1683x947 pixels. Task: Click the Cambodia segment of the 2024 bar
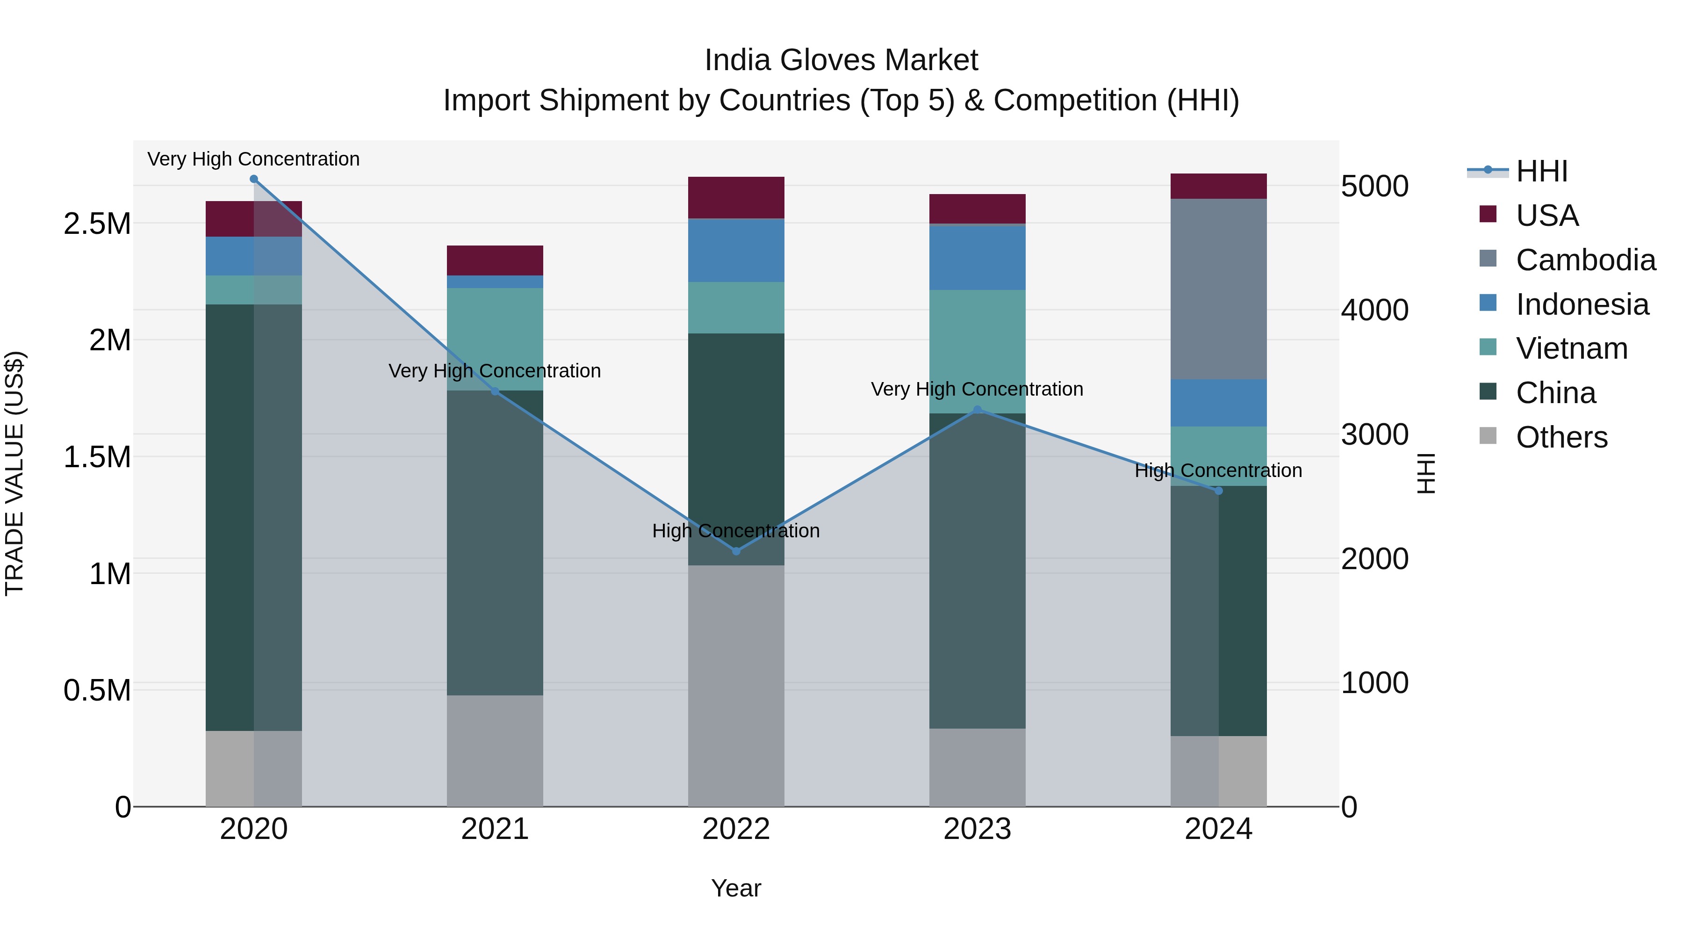(1218, 289)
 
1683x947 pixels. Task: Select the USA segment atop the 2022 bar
(736, 197)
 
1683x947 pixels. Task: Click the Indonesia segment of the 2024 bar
(1218, 403)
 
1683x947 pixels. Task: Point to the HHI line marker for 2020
(254, 179)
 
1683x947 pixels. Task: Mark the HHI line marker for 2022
(736, 551)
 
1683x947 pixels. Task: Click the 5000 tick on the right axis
(1374, 186)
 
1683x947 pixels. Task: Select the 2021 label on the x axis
(495, 829)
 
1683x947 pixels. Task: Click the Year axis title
(736, 888)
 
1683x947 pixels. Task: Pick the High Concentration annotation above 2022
(736, 531)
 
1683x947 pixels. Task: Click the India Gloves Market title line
(841, 60)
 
